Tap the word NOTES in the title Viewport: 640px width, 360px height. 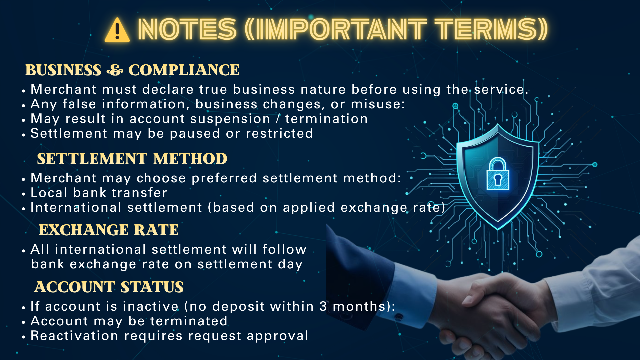187,29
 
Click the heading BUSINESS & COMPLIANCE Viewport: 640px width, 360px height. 132,70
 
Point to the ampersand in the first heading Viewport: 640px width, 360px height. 115,70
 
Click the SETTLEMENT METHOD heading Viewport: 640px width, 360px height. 132,159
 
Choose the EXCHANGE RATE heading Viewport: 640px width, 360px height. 109,230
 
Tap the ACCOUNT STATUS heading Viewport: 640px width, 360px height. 109,287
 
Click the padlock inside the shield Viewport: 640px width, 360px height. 498,174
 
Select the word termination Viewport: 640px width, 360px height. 326,119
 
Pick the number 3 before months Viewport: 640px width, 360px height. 323,306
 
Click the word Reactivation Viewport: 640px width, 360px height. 74,336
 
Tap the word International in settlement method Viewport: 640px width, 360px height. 76,207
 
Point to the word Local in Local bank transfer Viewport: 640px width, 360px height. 49,193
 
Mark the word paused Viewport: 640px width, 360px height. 195,134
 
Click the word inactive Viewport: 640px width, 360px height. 151,306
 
